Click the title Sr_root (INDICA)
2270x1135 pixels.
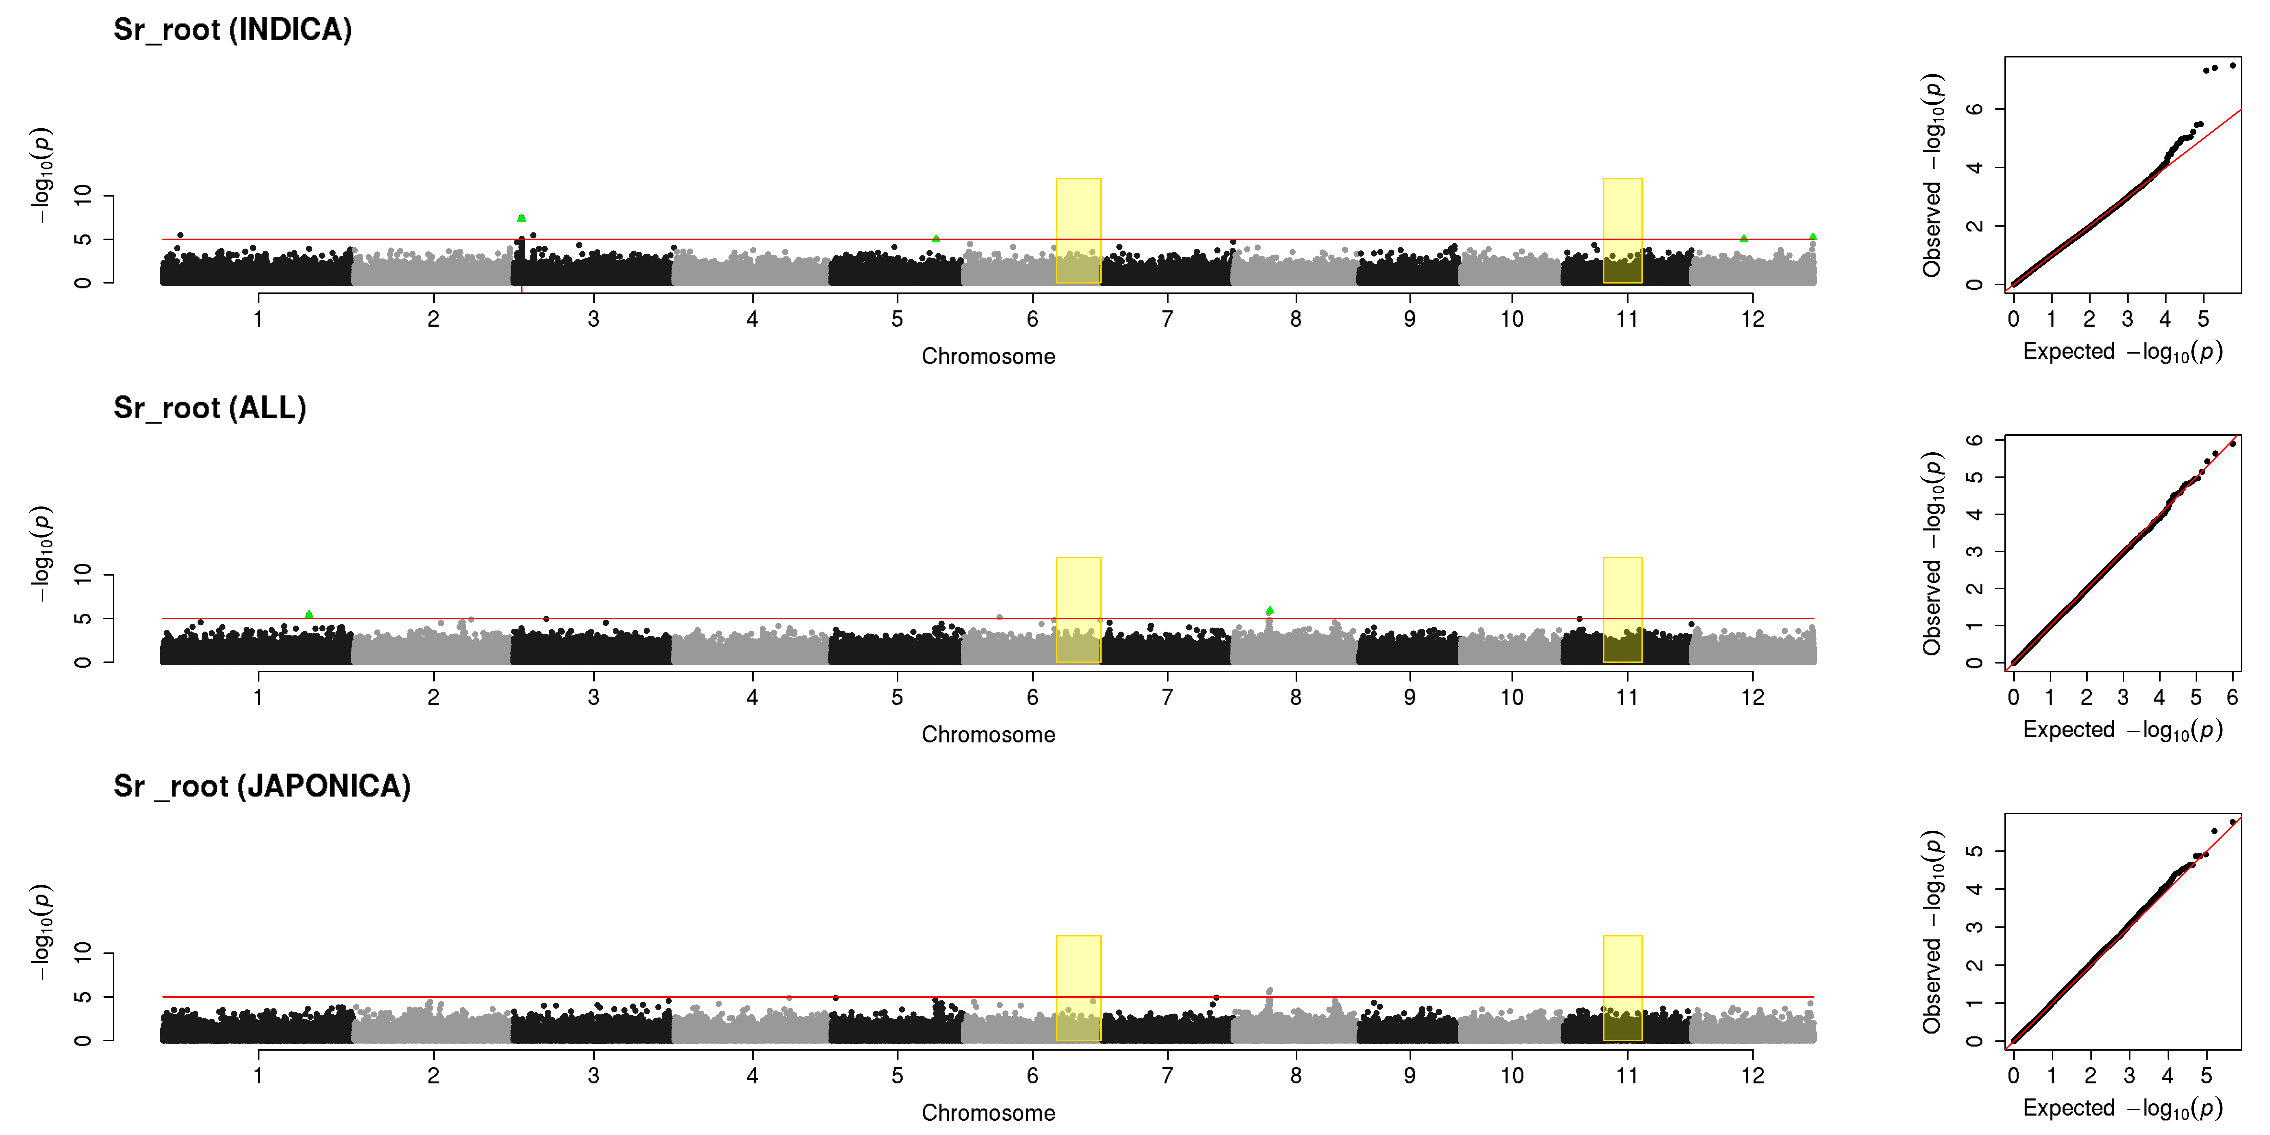click(233, 30)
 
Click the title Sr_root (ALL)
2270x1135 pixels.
click(210, 408)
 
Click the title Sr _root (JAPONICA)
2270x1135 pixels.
click(262, 786)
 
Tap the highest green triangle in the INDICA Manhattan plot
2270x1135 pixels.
click(522, 218)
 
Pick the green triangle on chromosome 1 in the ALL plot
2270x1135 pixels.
click(308, 614)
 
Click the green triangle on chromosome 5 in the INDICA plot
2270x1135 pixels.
click(936, 238)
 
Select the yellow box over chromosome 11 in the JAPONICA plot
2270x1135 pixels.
click(1622, 988)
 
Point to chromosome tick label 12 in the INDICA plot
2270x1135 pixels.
click(1753, 319)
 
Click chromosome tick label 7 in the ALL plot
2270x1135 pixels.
click(1168, 697)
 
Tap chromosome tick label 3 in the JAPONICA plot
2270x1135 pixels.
click(594, 1075)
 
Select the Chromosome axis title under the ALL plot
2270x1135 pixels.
click(989, 735)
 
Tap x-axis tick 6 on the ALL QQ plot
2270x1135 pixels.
click(2232, 697)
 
